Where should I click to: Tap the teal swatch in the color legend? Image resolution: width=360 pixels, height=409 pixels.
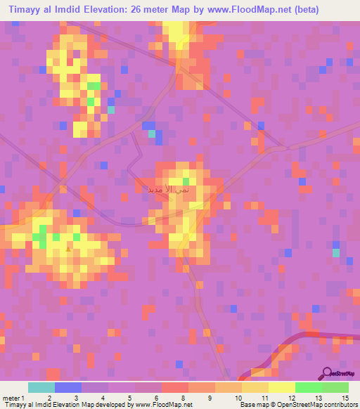[x=41, y=387]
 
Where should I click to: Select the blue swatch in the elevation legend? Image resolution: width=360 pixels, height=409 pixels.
[x=68, y=387]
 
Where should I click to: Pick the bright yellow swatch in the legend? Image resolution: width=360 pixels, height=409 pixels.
[x=281, y=387]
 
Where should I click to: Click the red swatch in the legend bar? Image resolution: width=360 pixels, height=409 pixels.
[x=175, y=387]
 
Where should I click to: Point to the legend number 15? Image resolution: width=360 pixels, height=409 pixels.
[x=345, y=398]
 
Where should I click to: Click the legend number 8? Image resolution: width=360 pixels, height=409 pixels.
[x=183, y=398]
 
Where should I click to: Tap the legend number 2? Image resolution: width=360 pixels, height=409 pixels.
[x=49, y=398]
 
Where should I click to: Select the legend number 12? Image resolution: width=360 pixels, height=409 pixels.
[x=290, y=398]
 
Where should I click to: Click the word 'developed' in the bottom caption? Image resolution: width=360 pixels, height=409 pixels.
[x=112, y=405]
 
